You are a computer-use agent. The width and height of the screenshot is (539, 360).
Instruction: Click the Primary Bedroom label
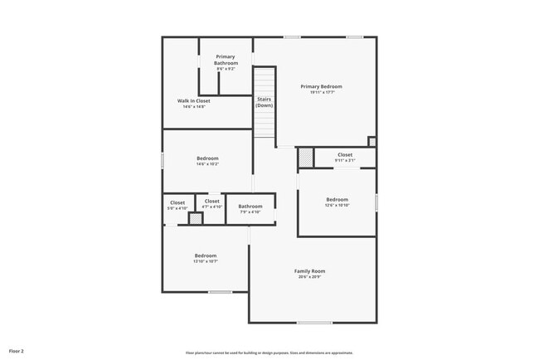point(321,86)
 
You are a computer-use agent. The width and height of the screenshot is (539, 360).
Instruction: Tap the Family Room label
point(309,271)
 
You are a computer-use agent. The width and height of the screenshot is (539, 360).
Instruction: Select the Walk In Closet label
point(193,101)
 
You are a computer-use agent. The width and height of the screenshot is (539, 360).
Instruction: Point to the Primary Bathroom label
point(226,60)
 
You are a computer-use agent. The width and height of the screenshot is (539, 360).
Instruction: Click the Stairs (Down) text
point(264,103)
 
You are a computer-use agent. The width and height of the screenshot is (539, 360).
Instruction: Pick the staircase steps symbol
point(264,83)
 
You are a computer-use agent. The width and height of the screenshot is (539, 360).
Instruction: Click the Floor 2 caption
point(17,351)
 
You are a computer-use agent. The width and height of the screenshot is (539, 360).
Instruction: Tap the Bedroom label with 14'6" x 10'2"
point(207,158)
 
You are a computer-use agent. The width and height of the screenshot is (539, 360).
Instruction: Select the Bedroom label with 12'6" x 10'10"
point(337,199)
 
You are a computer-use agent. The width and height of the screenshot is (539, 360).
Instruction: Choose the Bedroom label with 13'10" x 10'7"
point(206,255)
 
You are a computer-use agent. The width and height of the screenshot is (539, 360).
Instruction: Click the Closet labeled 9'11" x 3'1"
point(344,154)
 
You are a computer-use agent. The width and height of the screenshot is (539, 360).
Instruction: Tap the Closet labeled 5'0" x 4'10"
point(177,202)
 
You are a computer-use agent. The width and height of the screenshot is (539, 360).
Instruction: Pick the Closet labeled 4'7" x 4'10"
point(211,201)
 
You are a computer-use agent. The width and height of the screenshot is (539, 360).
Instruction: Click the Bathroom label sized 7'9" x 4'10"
point(250,207)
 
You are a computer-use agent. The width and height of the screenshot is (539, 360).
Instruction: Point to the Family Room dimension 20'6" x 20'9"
point(309,277)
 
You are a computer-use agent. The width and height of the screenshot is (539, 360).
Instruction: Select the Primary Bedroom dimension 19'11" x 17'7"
point(321,92)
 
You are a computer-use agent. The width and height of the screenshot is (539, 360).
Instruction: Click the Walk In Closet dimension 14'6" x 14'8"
point(193,107)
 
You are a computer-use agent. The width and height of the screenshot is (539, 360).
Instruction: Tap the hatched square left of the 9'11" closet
point(305,156)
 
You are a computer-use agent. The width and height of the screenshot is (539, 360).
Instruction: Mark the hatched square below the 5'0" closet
point(196,218)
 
